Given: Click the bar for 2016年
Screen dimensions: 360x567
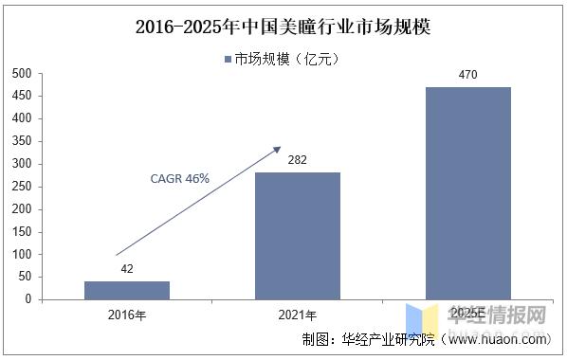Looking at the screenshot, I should coord(127,290).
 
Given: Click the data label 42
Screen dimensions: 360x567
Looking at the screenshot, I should coord(127,269).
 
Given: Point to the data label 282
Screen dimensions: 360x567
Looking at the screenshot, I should coord(298,160).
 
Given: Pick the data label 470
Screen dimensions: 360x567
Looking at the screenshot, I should coord(467,75).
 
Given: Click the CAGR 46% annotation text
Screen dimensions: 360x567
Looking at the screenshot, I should coord(179,178).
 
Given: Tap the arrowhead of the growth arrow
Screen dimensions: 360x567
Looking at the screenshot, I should coord(278,149).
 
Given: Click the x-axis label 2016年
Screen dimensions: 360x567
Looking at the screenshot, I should coord(127,315).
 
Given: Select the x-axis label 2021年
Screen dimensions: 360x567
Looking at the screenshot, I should coord(298,315).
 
